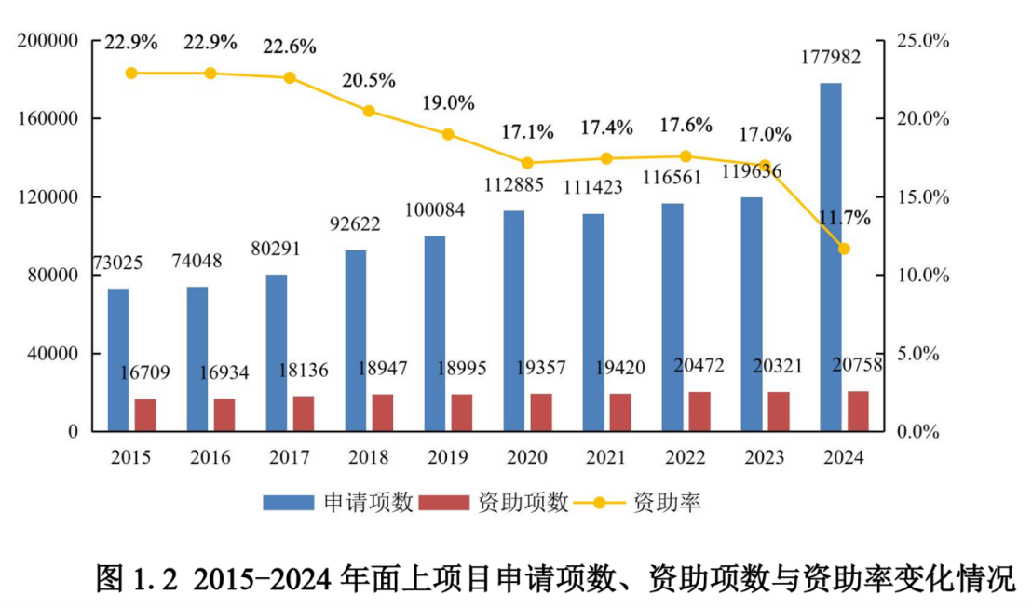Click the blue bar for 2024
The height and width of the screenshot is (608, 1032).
coord(831,257)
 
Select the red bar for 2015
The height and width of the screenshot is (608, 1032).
coord(145,415)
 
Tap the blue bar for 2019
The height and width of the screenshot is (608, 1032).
coord(434,333)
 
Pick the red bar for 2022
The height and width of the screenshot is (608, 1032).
coord(699,412)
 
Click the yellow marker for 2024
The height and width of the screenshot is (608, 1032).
coord(844,249)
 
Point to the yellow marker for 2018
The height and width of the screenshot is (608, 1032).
coord(369,111)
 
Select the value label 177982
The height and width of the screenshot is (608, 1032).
coord(831,58)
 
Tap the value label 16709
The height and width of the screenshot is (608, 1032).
coord(145,373)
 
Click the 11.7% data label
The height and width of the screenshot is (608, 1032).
coord(845,219)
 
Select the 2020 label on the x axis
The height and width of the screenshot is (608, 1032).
coord(526,458)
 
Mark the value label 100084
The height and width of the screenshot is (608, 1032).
coord(434,206)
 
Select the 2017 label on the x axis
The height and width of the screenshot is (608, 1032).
coord(289,458)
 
